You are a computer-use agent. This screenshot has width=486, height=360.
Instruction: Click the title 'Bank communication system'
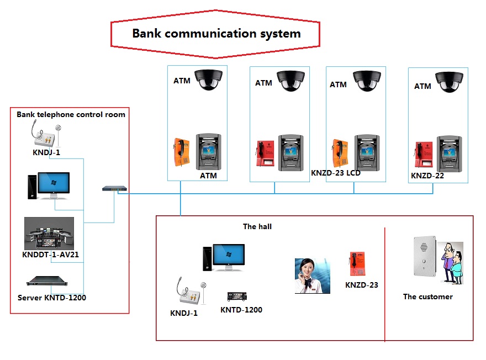pyautogui.click(x=216, y=33)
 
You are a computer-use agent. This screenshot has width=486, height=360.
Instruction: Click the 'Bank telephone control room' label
pyautogui.click(x=71, y=115)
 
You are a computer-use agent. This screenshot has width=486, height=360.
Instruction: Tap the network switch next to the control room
pyautogui.click(x=114, y=189)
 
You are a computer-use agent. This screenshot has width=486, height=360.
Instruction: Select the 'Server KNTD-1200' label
pyautogui.click(x=52, y=298)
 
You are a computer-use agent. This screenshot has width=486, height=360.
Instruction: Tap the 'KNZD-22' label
pyautogui.click(x=427, y=176)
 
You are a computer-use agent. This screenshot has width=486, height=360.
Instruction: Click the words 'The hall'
pyautogui.click(x=257, y=226)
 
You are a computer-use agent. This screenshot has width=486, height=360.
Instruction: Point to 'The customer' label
pyautogui.click(x=427, y=297)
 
